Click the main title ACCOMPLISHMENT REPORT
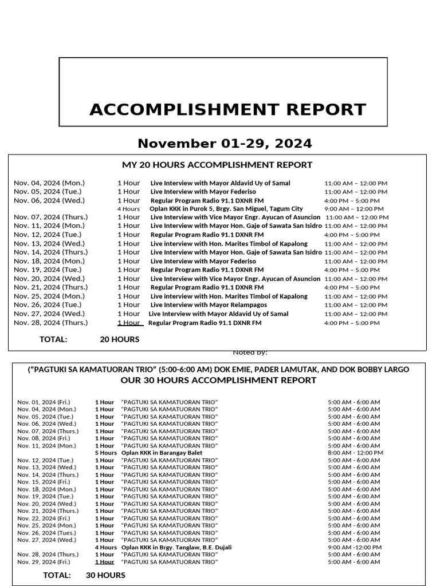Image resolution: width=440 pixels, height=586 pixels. click(227, 109)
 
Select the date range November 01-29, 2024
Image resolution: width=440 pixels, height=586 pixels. click(225, 142)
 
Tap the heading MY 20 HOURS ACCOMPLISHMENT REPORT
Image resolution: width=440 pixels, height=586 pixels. click(217, 165)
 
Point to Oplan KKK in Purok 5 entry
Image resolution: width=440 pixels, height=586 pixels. click(226, 209)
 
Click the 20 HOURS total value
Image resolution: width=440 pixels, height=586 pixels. click(119, 339)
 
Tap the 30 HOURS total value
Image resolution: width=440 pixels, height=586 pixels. click(105, 575)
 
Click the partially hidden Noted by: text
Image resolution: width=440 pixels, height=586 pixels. click(250, 353)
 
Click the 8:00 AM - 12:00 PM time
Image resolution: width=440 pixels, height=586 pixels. click(355, 453)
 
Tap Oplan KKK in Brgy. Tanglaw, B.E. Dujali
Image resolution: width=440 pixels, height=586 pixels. click(176, 547)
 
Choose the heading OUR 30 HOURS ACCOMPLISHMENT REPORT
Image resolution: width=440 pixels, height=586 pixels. click(218, 381)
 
